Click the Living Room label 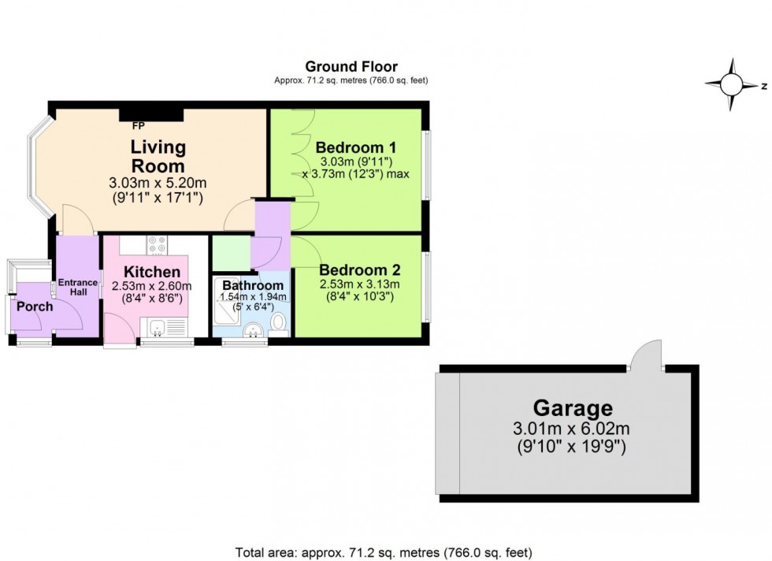pyautogui.click(x=158, y=156)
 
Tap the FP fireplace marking pyautogui.click(x=139, y=126)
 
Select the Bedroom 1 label pyautogui.click(x=355, y=147)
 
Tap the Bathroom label pyautogui.click(x=252, y=285)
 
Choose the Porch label pyautogui.click(x=35, y=306)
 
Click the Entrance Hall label pyautogui.click(x=77, y=288)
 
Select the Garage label pyautogui.click(x=572, y=408)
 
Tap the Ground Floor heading pyautogui.click(x=351, y=67)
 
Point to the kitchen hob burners pyautogui.click(x=154, y=243)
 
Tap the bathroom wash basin pyautogui.click(x=253, y=329)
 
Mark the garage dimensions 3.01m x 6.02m pyautogui.click(x=572, y=429)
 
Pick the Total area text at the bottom pyautogui.click(x=385, y=552)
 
